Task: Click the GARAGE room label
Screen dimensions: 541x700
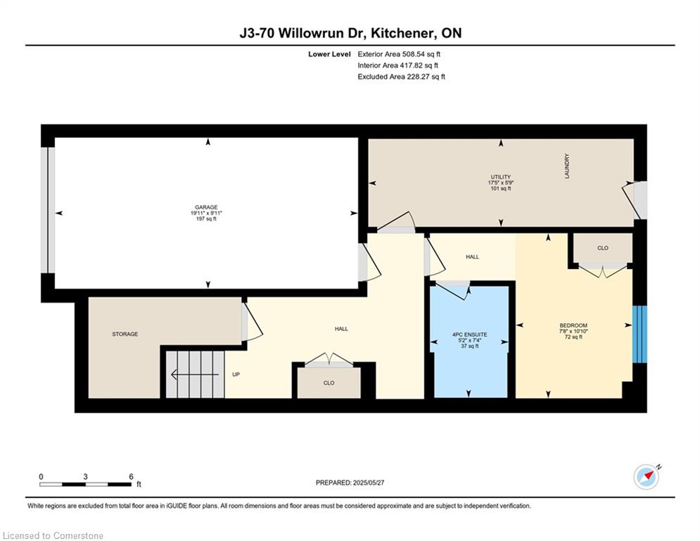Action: [x=206, y=207]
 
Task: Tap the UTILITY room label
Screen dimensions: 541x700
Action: [x=500, y=177]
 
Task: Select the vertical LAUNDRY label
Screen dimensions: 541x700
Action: [x=566, y=166]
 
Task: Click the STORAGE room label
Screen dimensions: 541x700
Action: [x=125, y=334]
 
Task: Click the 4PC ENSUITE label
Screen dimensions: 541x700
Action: [x=469, y=333]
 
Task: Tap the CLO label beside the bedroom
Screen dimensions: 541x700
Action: [x=602, y=248]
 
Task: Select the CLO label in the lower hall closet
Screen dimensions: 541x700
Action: [x=329, y=383]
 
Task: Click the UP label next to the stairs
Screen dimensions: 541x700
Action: [x=236, y=374]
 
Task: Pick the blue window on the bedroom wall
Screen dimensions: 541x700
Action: [x=639, y=335]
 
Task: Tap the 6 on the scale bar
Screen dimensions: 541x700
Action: [x=131, y=476]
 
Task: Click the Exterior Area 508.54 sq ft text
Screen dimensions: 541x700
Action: [x=399, y=54]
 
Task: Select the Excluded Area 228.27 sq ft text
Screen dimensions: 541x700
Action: [x=401, y=77]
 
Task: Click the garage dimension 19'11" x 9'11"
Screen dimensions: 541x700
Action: [x=206, y=213]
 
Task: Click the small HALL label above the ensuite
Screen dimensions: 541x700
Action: [x=472, y=257]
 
